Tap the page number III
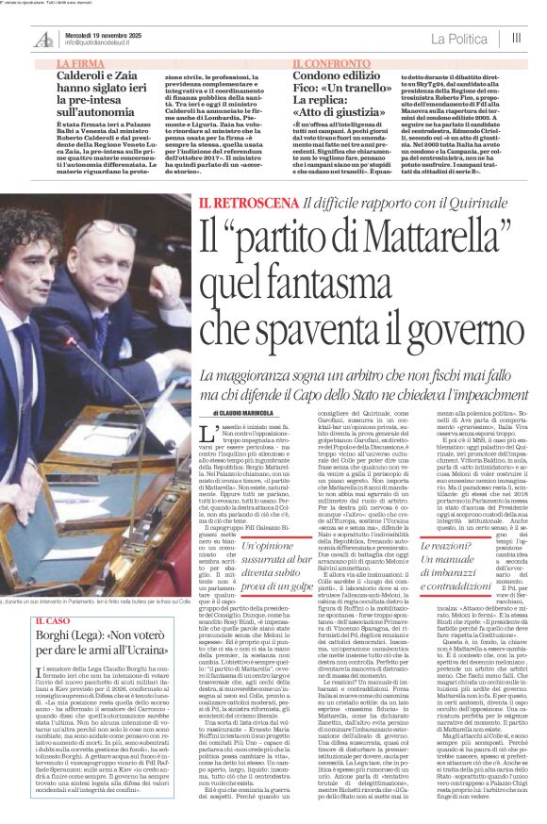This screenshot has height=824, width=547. pos(516,38)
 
